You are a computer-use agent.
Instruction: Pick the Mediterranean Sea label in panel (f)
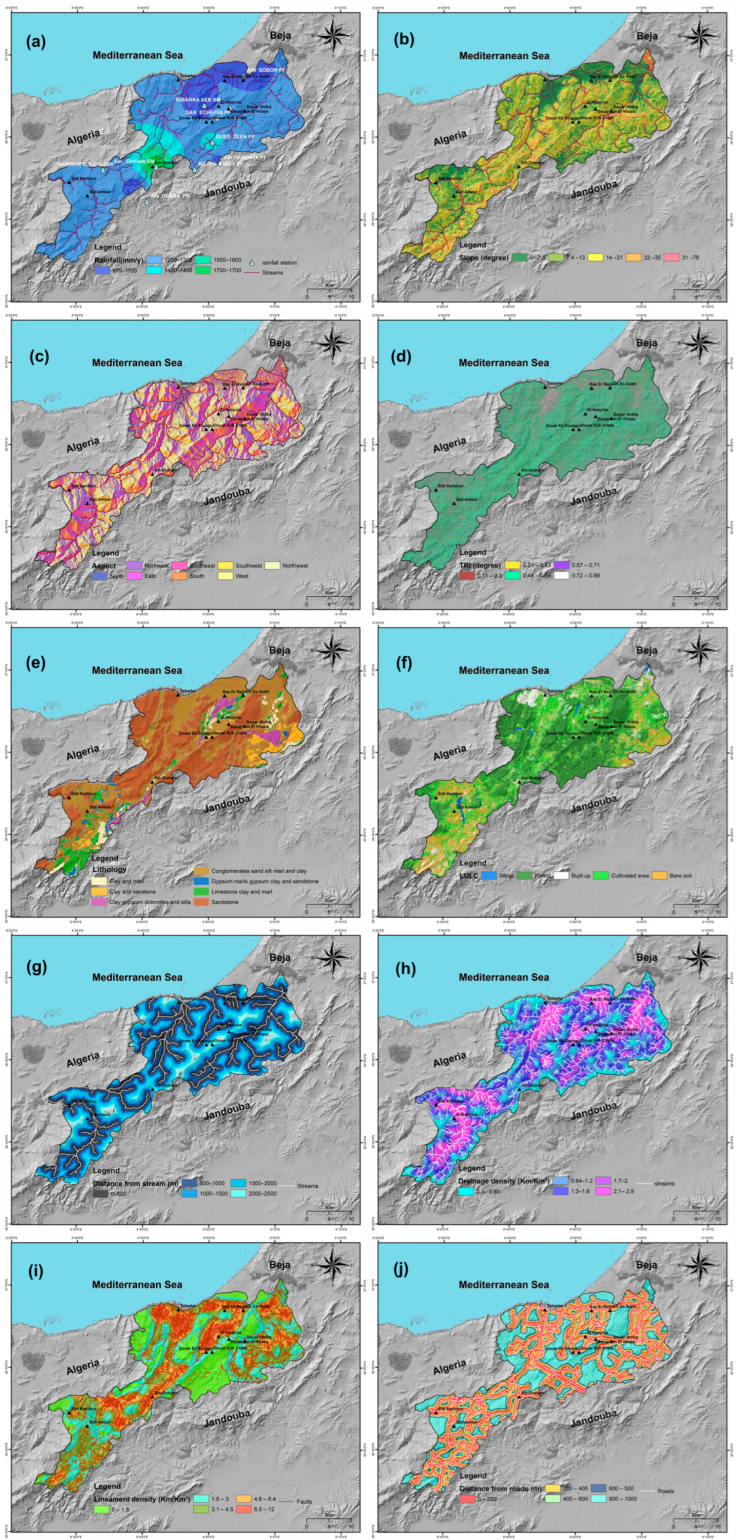click(504, 670)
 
